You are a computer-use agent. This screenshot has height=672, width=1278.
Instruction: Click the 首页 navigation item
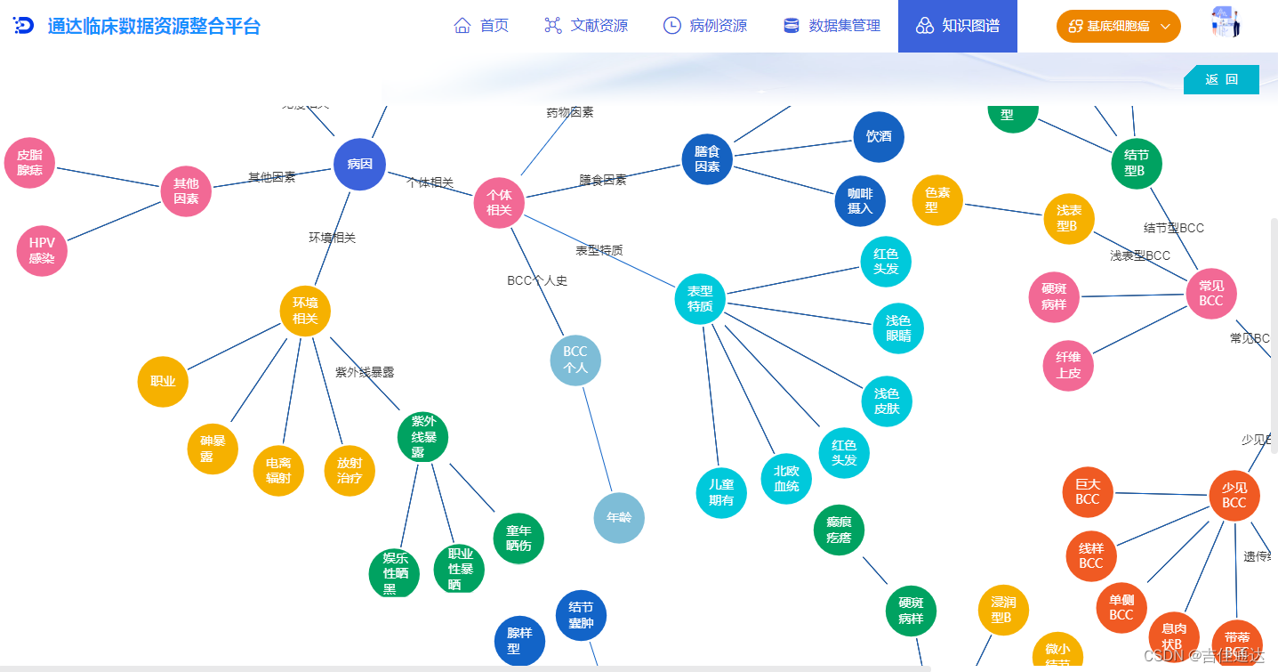pos(481,26)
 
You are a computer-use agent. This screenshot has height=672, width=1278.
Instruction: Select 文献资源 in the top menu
pos(586,26)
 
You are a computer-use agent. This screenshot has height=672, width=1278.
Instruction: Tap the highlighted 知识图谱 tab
pos(958,26)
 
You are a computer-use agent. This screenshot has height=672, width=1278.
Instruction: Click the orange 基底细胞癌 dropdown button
pos(1118,26)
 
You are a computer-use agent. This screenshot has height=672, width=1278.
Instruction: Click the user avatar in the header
pos(1226,23)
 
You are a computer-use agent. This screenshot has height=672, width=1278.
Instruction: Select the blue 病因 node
pos(359,164)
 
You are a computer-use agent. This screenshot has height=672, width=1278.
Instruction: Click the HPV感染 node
pos(42,250)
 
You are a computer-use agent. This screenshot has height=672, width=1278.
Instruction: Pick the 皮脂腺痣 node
pos(29,163)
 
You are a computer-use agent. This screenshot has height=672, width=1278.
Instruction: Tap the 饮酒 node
pos(879,136)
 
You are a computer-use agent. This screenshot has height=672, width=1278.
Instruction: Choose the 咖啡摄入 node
pos(860,201)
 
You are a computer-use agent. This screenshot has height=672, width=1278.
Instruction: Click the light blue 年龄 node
pos(619,517)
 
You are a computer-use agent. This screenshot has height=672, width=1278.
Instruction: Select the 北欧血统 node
pos(786,479)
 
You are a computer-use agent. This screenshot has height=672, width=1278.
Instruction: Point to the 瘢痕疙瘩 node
pos(839,530)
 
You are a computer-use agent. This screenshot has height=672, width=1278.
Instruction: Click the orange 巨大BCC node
pos(1088,492)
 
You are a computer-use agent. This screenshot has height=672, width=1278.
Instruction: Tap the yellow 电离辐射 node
pos(278,470)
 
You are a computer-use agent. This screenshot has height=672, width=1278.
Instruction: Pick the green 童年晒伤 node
pos(518,538)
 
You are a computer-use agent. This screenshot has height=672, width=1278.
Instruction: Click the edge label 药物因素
pos(570,113)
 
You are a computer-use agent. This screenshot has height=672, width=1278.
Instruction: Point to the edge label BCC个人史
pos(537,280)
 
